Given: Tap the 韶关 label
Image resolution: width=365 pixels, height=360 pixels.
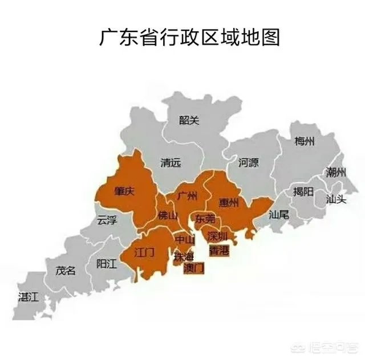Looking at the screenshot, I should tap(189, 120).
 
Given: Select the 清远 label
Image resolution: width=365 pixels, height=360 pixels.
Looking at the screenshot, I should tap(171, 163).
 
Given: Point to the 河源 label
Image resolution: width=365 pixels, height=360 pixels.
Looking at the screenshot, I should tap(248, 163).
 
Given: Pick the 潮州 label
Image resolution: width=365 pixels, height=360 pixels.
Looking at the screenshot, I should tap(336, 172).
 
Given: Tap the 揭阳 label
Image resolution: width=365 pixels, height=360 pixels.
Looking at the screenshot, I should tap(303, 191).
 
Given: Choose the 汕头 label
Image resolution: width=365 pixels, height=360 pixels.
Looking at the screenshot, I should tap(336, 199).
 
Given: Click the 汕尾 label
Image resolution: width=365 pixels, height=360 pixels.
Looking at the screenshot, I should tap(279, 215).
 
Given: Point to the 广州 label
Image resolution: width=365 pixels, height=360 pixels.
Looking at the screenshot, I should tap(187, 197).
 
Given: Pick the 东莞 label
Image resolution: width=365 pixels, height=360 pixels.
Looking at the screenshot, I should tap(205, 219).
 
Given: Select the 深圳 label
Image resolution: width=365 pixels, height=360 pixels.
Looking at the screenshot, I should tap(218, 236).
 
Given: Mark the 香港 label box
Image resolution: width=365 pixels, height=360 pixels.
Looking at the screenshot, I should tap(219, 251).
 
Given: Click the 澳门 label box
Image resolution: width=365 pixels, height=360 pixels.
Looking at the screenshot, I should tap(193, 269).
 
